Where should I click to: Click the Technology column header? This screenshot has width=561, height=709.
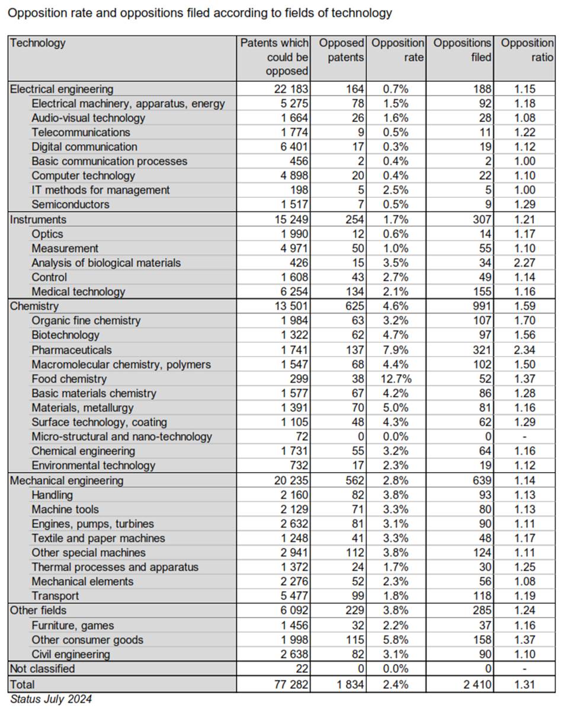pyautogui.click(x=38, y=43)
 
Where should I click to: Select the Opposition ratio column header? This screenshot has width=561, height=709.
pyautogui.click(x=527, y=50)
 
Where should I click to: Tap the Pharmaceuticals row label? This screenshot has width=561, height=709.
pyautogui.click(x=72, y=350)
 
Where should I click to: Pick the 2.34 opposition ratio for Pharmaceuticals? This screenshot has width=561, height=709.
pyautogui.click(x=525, y=350)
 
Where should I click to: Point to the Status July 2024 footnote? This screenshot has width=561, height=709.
pyautogui.click(x=51, y=700)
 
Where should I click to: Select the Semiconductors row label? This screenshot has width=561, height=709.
pyautogui.click(x=70, y=205)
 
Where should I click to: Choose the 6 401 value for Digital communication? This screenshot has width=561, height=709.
pyautogui.click(x=293, y=147)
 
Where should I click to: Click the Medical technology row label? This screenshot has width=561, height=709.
pyautogui.click(x=78, y=291)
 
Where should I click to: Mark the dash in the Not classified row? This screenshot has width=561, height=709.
pyautogui.click(x=525, y=669)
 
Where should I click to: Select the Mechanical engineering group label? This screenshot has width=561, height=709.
pyautogui.click(x=67, y=480)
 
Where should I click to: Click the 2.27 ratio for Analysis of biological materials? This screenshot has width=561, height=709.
pyautogui.click(x=525, y=263)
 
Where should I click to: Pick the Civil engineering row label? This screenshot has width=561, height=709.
pyautogui.click(x=70, y=655)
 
